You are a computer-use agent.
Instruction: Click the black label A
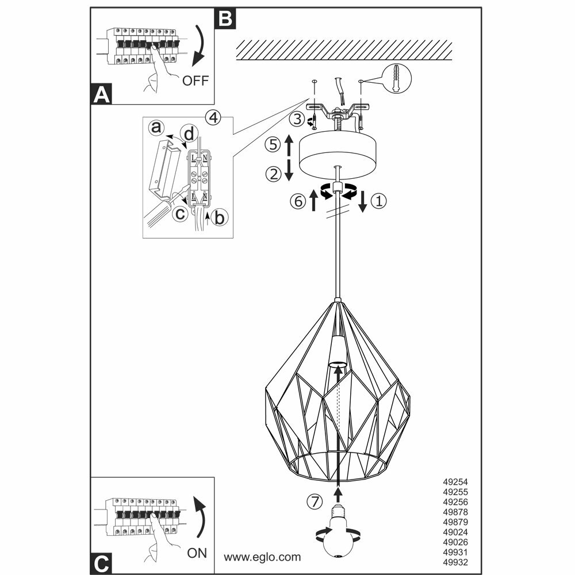[102, 94]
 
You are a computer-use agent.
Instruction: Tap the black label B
[225, 20]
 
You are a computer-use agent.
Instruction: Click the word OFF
[195, 80]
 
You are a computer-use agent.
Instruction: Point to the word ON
[197, 554]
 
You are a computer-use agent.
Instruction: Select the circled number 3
[296, 120]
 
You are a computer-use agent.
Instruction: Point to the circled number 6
[297, 201]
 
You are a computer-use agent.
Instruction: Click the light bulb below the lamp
[339, 532]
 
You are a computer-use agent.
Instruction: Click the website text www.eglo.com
[262, 557]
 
